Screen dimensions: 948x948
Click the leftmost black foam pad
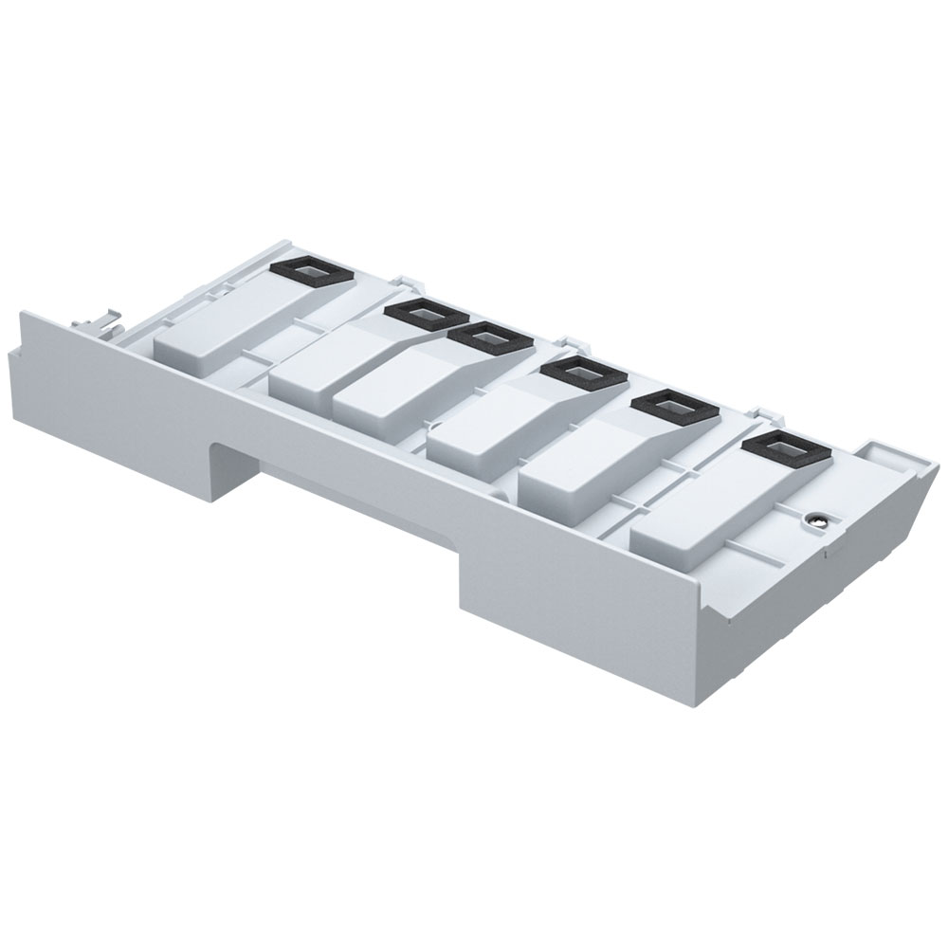tap(312, 271)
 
